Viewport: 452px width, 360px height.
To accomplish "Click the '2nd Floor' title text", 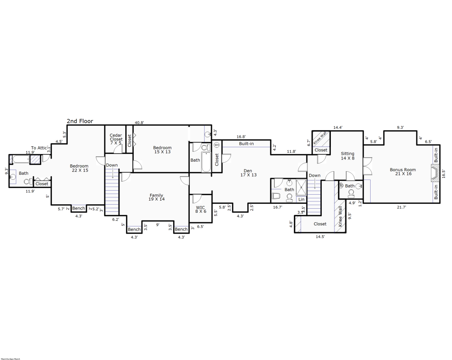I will point(80,121).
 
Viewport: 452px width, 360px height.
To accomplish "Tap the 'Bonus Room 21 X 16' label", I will point(403,172).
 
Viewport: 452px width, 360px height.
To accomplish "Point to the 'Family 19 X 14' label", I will point(156,197).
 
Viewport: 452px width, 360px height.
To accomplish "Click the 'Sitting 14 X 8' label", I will point(348,156).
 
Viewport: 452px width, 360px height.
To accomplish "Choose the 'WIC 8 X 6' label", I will point(201,209).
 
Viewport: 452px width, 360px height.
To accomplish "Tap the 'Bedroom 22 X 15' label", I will point(79,168).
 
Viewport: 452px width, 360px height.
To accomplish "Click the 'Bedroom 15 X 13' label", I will point(162,150).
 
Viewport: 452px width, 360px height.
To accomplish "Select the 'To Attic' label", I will point(39,148).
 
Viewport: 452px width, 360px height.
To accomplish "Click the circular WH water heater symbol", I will point(216,145).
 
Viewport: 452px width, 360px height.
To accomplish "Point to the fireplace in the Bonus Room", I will point(434,173).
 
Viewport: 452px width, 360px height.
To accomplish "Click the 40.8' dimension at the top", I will point(140,122).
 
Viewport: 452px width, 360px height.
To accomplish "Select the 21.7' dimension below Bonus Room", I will point(401,207).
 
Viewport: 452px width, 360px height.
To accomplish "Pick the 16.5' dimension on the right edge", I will point(443,173).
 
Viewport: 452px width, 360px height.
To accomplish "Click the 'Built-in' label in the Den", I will point(246,144).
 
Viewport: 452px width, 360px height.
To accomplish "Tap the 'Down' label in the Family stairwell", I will point(112,165).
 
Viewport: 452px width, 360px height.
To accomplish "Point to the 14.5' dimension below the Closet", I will point(320,236).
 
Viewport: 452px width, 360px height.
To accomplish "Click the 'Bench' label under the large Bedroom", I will point(79,208).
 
